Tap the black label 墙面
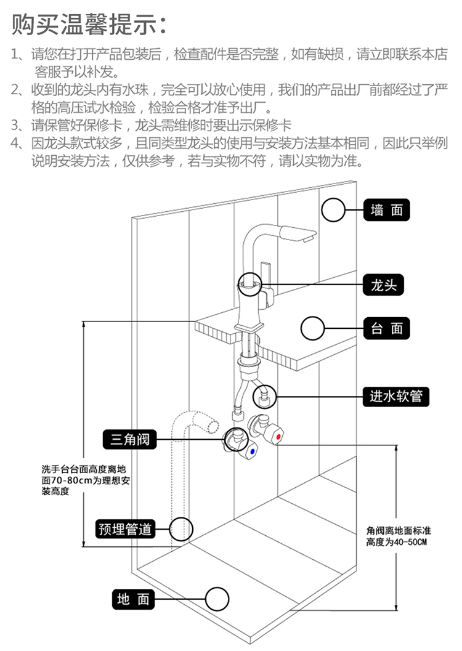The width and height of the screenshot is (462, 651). click(386, 210)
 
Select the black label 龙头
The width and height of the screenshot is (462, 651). click(383, 285)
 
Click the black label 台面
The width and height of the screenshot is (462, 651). click(386, 328)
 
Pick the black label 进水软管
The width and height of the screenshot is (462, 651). click(395, 397)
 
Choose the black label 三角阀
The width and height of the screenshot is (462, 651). click(129, 439)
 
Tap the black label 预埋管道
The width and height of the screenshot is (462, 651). click(125, 529)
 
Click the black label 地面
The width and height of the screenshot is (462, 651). click(133, 599)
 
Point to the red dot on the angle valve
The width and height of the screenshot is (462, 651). click(278, 437)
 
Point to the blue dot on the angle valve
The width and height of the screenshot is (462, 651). click(252, 451)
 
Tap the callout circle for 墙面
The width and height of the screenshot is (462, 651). click(333, 209)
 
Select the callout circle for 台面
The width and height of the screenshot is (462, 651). click(312, 328)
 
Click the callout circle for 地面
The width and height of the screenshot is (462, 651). click(217, 599)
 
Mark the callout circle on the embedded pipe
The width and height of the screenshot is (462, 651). click(181, 529)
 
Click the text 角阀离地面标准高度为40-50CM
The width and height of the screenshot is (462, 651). click(398, 536)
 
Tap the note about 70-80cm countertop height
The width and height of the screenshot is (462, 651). click(86, 480)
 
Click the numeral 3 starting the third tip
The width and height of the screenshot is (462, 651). click(15, 125)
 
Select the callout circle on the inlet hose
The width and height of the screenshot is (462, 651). click(264, 397)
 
